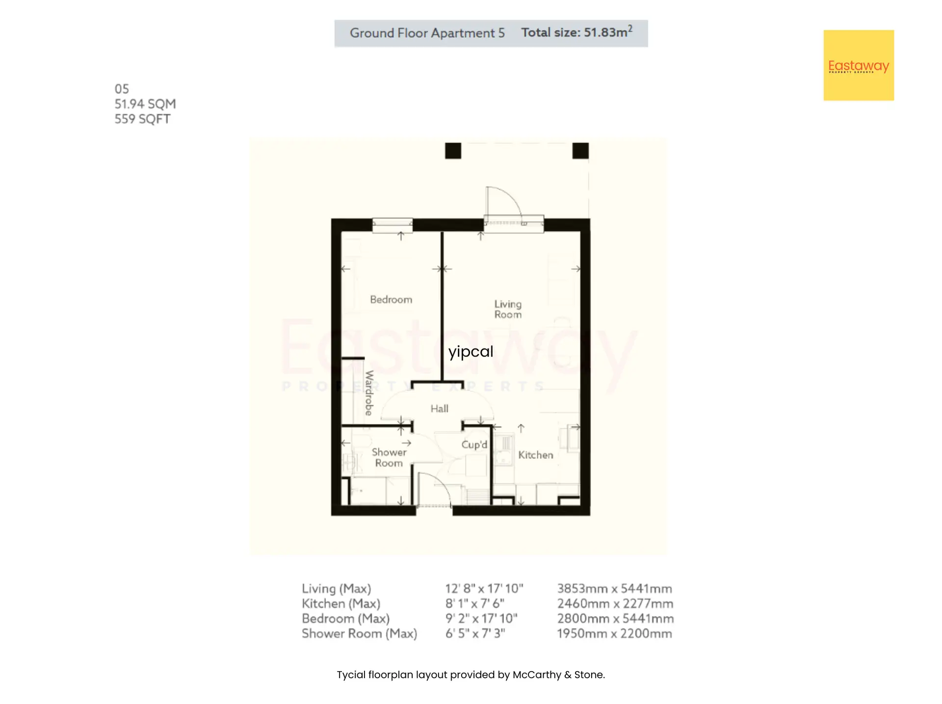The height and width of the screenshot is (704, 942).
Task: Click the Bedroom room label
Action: tap(391, 300)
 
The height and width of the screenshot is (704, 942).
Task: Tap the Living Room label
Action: tap(508, 309)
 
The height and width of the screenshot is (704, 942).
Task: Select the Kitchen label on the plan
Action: tap(536, 455)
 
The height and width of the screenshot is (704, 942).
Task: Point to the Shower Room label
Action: tap(389, 457)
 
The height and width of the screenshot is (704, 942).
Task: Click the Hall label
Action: tap(440, 408)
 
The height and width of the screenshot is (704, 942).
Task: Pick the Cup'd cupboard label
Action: tap(474, 445)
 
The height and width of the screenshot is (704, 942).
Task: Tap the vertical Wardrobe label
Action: tap(369, 393)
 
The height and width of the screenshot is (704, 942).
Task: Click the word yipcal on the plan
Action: tap(471, 352)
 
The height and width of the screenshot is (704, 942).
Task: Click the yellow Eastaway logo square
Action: tap(859, 65)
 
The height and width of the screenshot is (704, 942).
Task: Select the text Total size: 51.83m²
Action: tap(577, 32)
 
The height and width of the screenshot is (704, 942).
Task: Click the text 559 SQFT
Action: tap(142, 119)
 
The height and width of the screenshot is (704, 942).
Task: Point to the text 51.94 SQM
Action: tap(145, 104)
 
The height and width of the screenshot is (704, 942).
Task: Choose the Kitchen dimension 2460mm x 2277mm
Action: tap(615, 603)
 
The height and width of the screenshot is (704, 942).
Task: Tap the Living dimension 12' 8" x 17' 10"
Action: tap(484, 588)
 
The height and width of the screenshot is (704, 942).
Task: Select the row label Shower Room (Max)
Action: tap(360, 633)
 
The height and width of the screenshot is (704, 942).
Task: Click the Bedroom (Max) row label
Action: tap(346, 619)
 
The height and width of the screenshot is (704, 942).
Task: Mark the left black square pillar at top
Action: tap(453, 151)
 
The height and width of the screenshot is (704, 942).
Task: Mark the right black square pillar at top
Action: tap(580, 151)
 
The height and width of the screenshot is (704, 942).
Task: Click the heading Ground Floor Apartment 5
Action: tap(427, 33)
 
